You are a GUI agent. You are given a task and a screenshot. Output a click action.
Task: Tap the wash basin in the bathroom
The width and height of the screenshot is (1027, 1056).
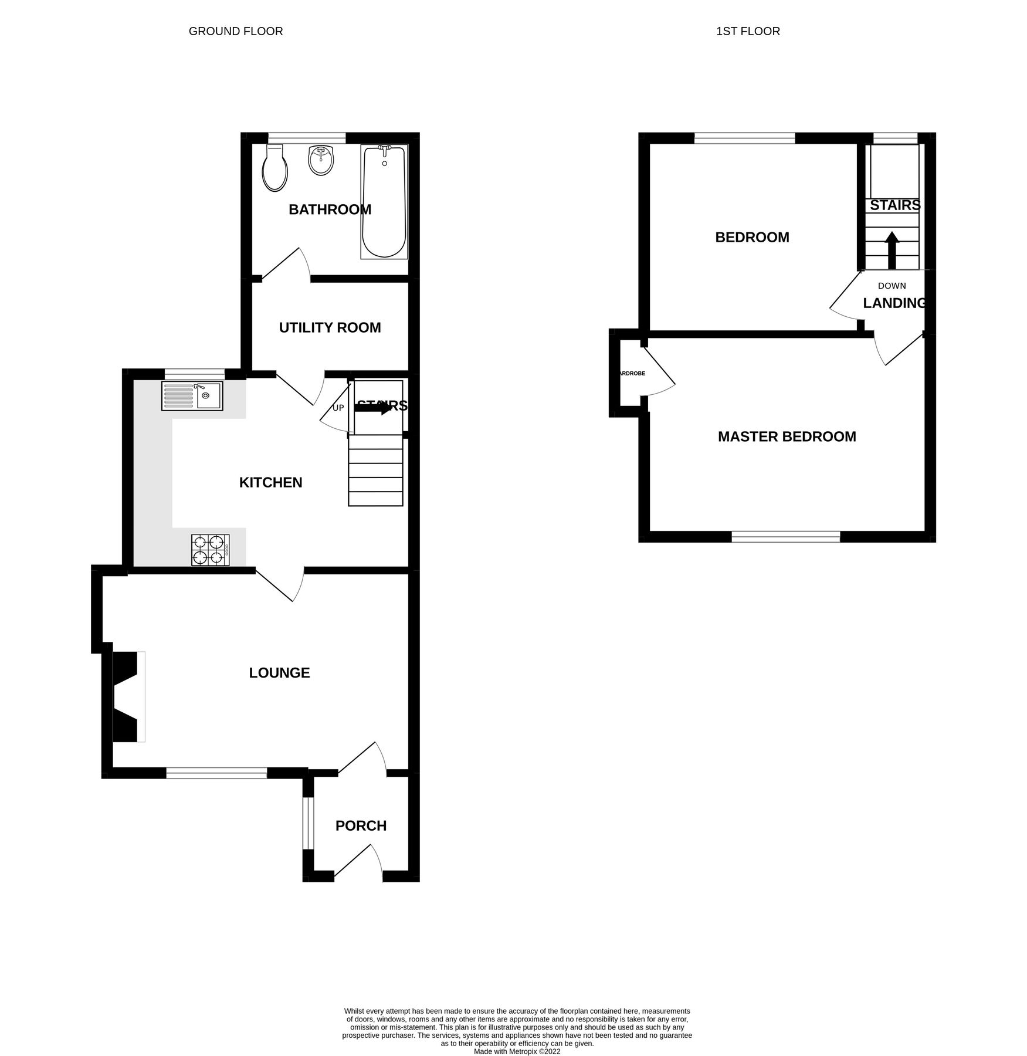(x=320, y=160)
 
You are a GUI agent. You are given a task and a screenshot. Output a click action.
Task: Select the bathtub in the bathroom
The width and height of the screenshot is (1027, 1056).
(x=384, y=201)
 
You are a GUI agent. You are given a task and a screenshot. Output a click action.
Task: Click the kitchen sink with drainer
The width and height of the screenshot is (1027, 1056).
(x=192, y=395)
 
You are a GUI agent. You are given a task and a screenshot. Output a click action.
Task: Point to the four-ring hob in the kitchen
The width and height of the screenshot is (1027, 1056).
(x=210, y=550)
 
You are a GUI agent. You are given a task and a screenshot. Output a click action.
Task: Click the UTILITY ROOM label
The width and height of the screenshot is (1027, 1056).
(x=330, y=327)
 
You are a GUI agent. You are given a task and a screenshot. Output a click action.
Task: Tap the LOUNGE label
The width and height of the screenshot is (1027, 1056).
(x=279, y=672)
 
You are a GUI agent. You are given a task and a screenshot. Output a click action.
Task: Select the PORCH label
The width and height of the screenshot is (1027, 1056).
(x=361, y=825)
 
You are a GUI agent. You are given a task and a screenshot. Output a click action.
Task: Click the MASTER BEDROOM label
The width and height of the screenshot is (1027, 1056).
(x=787, y=436)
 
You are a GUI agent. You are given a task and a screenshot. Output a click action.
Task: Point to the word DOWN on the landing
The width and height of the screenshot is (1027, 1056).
(x=892, y=286)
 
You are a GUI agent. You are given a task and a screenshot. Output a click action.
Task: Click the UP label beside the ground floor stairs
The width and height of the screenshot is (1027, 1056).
(x=338, y=408)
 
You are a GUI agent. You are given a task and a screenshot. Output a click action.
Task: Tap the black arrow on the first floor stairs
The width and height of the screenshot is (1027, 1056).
(x=892, y=249)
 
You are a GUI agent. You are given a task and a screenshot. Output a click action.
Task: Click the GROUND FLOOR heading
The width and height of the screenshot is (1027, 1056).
(x=236, y=31)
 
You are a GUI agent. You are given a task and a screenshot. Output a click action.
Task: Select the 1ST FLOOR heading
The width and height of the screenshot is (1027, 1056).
(x=748, y=31)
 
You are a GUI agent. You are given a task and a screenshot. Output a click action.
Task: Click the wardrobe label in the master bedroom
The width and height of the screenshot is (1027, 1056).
(x=632, y=373)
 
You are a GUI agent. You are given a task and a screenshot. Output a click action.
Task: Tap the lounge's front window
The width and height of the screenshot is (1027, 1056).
(x=216, y=773)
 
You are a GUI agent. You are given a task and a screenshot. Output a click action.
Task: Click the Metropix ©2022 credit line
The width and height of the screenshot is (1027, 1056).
(x=517, y=1052)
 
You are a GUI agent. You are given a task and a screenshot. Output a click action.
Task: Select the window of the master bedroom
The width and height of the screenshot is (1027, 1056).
(x=785, y=536)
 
